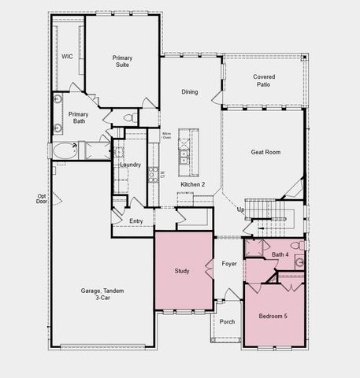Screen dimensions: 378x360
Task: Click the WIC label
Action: [68, 57]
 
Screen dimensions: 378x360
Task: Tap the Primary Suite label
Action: [123, 62]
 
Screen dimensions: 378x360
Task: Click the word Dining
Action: [190, 92]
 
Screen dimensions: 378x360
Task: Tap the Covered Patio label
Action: [264, 80]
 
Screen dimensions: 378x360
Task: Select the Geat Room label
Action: [266, 152]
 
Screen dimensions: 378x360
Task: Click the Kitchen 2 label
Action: [193, 184]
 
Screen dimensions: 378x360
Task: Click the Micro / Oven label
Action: [167, 135]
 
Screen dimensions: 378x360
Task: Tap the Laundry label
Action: [130, 165]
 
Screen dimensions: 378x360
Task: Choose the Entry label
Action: [136, 221]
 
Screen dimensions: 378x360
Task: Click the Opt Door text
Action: [42, 199]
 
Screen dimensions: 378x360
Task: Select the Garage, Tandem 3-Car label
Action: [102, 295]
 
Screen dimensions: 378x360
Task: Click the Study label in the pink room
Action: [182, 272]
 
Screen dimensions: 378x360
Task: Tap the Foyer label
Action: [229, 264]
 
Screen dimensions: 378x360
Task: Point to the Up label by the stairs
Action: [241, 209]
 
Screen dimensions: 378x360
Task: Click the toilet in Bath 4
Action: [299, 264]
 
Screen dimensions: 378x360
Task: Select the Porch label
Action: [227, 321]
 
